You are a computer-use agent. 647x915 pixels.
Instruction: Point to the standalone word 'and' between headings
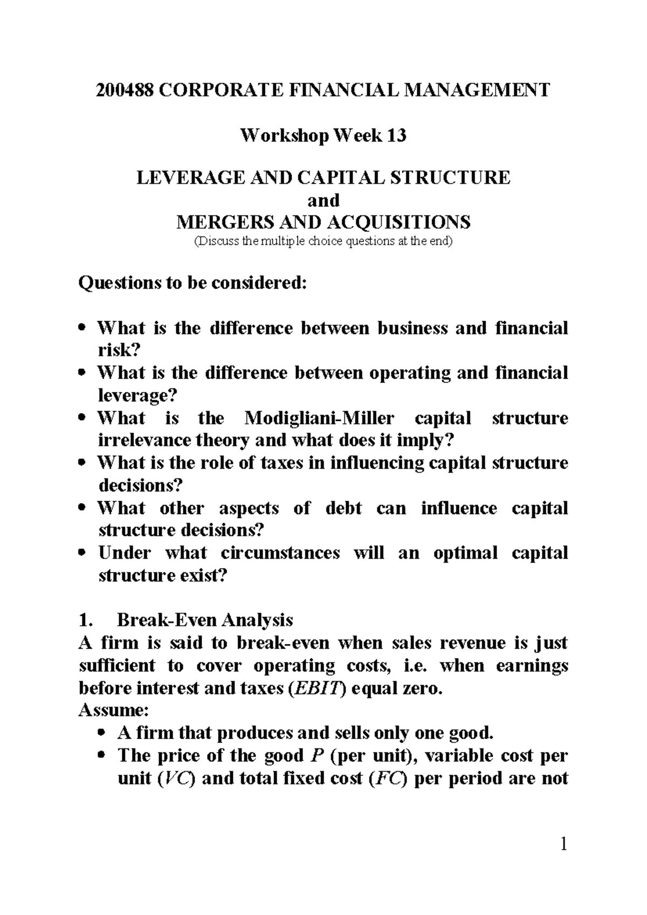pos(323,200)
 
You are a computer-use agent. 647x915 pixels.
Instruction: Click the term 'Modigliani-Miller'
pos(319,418)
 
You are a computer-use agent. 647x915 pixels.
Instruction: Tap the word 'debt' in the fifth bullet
pos(343,508)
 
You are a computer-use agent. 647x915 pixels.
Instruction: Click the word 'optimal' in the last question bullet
pos(465,553)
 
